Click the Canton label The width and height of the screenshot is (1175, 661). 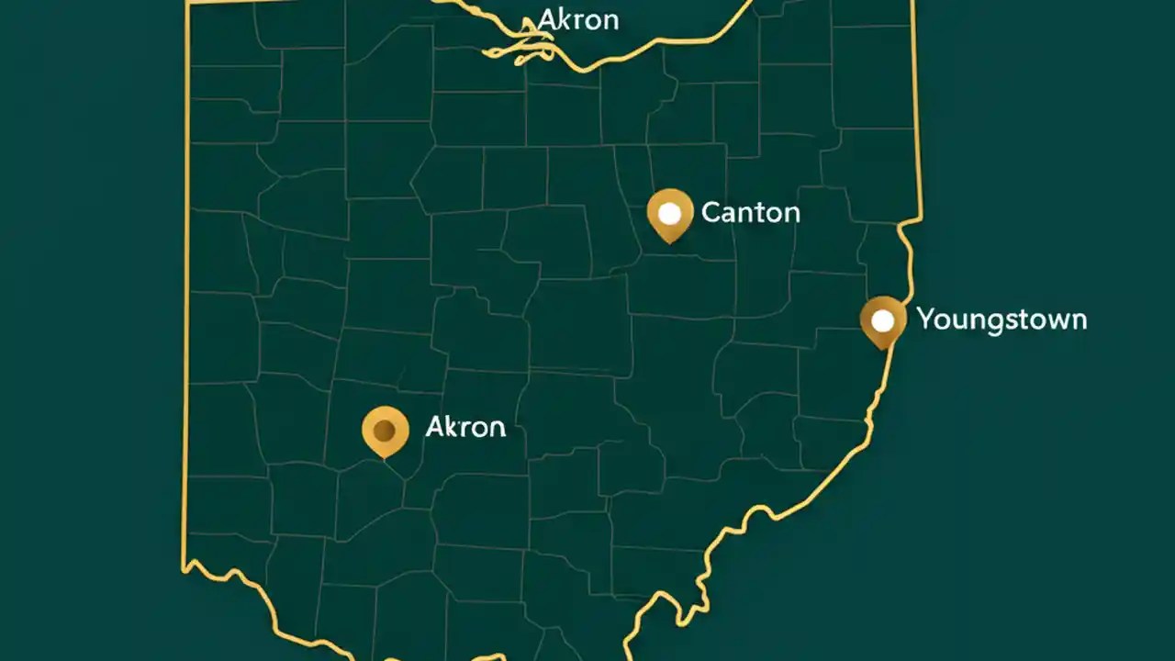(750, 213)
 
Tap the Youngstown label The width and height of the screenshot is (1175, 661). (1002, 319)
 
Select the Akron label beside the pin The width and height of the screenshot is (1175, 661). (465, 427)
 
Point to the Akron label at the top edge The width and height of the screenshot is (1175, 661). (578, 19)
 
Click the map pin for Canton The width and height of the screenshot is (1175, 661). (670, 215)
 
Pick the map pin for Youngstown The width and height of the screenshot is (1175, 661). (882, 321)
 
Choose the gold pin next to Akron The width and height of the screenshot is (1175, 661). (386, 431)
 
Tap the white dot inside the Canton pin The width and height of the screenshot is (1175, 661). (670, 213)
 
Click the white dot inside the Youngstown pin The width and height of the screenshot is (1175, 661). (882, 320)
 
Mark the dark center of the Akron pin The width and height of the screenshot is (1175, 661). (386, 429)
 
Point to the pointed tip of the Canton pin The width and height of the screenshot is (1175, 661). (670, 242)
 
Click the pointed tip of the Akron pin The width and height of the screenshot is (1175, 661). (386, 457)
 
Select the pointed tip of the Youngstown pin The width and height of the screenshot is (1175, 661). (883, 349)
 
